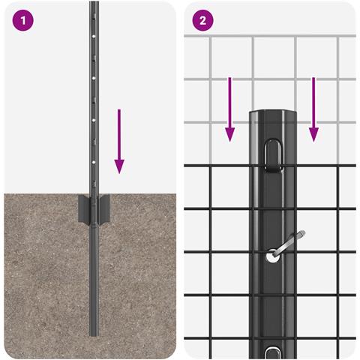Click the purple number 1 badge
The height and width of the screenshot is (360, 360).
[x=22, y=21]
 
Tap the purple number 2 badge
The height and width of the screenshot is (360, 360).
[x=202, y=21]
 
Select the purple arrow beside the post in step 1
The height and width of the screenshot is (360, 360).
[x=119, y=140]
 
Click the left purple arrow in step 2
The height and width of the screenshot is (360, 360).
[x=230, y=109]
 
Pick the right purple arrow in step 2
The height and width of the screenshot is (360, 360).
[x=313, y=109]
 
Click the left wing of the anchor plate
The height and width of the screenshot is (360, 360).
[x=82, y=207]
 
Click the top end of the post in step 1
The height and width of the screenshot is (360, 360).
[x=94, y=4]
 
